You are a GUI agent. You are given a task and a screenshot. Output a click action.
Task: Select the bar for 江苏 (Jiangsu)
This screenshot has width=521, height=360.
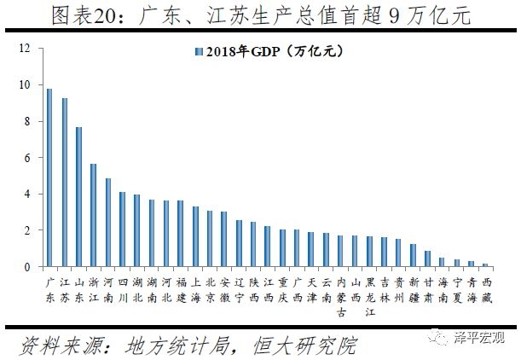[64, 183]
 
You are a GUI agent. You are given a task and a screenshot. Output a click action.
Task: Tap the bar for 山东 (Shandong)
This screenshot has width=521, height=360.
[78, 197]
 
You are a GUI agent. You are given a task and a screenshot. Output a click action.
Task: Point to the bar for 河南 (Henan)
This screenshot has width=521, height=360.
[107, 223]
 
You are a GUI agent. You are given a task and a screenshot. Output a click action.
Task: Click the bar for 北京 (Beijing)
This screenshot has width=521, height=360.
[210, 239]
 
